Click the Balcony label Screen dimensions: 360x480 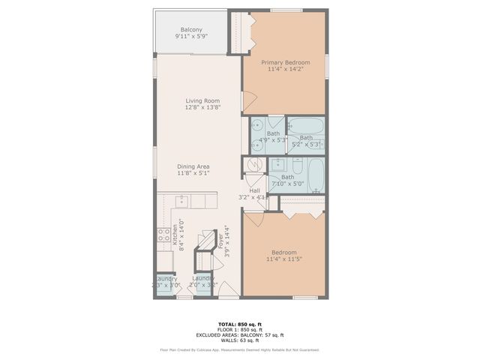(192, 30)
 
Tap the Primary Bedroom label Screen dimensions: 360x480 (284, 63)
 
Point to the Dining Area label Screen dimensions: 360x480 (193, 166)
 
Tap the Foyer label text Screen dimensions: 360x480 (220, 239)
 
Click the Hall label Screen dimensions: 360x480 (254, 190)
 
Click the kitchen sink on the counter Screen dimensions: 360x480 (181, 201)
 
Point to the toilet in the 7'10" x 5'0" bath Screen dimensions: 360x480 (298, 164)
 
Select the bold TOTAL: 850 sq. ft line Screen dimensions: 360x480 (240, 323)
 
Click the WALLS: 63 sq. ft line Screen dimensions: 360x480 (240, 340)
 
